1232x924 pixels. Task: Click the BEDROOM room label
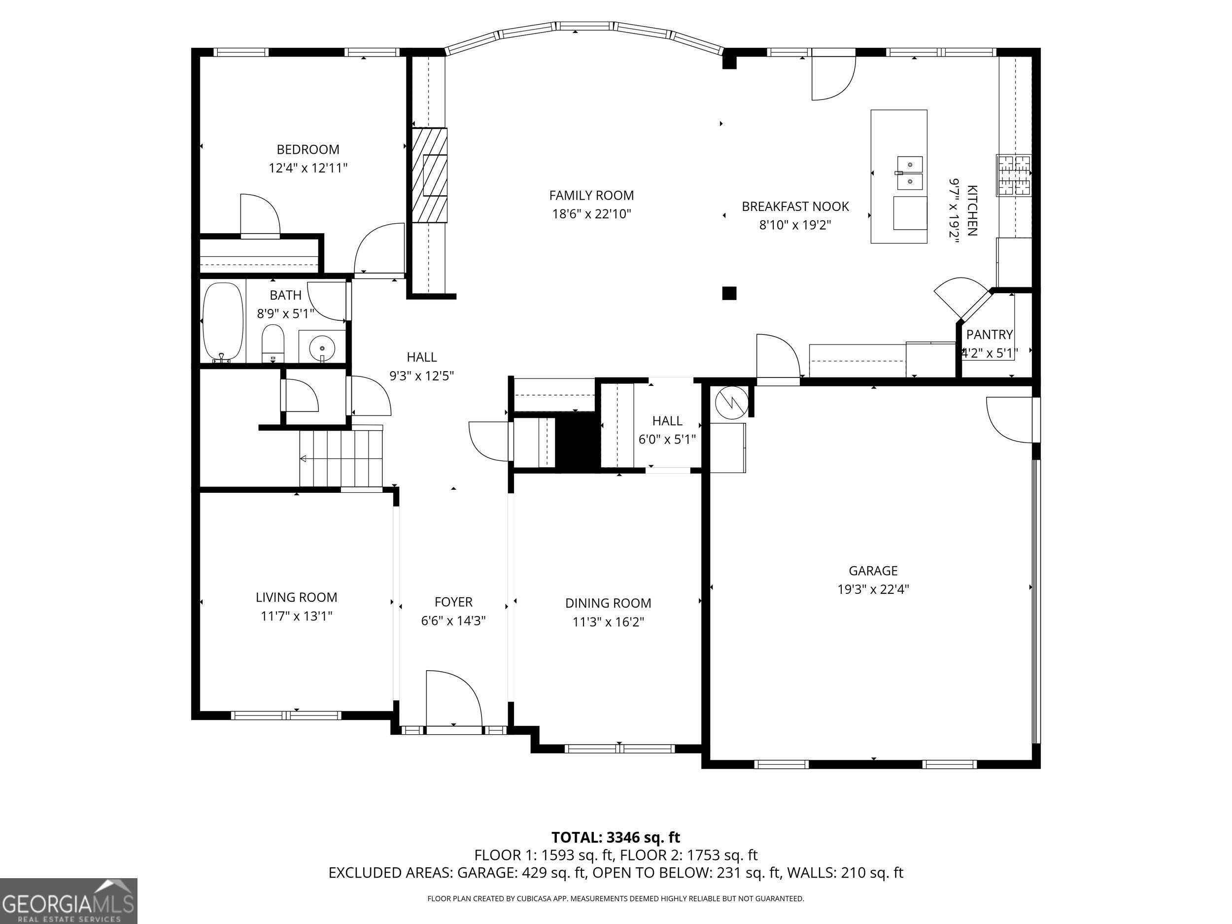[308, 149]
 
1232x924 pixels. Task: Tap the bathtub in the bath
[223, 321]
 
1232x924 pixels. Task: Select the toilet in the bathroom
[273, 344]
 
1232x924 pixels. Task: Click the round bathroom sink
[322, 347]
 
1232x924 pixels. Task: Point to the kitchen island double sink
[909, 173]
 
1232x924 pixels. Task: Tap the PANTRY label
[989, 335]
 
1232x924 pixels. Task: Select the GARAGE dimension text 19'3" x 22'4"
[873, 589]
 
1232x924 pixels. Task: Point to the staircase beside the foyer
[341, 458]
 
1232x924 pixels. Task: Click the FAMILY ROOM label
[591, 196]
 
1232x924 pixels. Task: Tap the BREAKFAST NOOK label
[795, 206]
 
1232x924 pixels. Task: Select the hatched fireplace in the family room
[429, 175]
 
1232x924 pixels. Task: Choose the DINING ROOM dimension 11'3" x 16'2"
[608, 621]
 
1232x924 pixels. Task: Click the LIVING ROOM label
[296, 598]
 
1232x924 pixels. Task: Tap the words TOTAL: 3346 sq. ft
[616, 837]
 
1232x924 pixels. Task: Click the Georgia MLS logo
[68, 901]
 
